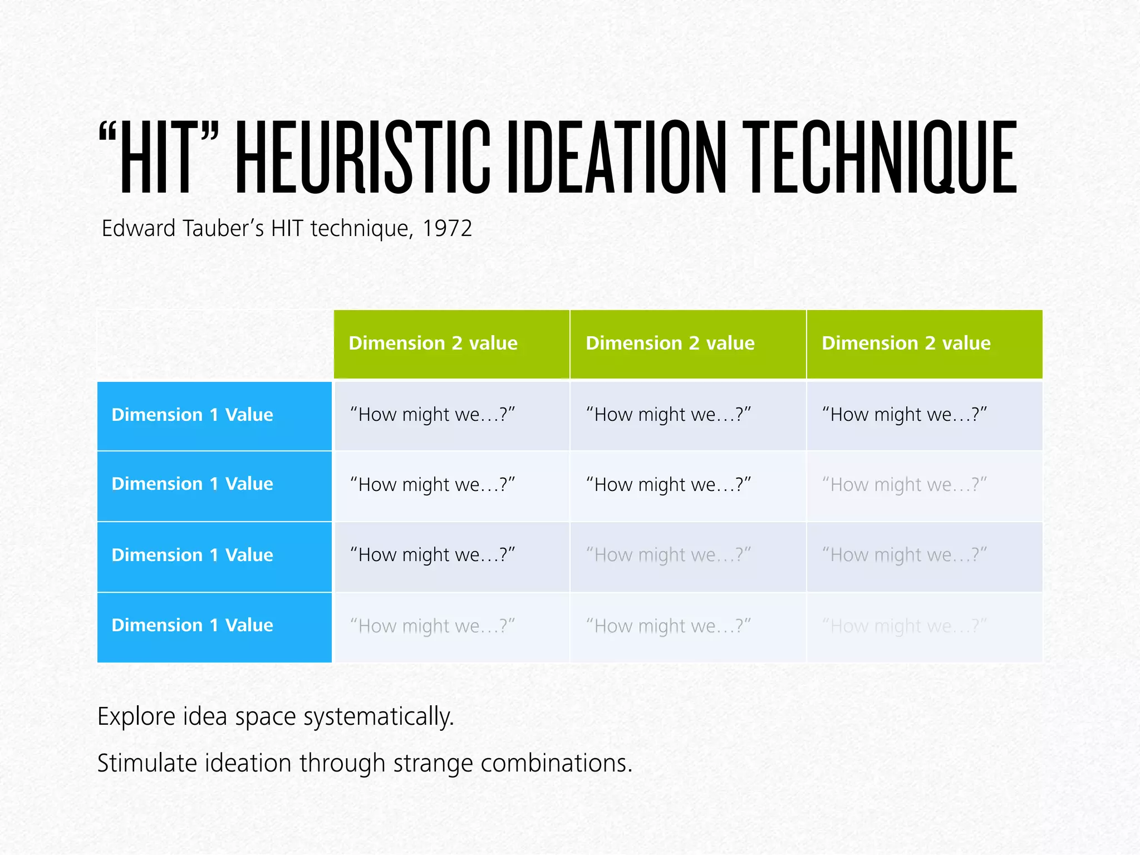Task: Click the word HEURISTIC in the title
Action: click(x=362, y=158)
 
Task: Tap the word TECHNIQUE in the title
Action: click(x=879, y=158)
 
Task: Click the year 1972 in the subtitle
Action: click(x=447, y=229)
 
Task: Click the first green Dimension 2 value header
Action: click(x=433, y=343)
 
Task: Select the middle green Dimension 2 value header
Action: click(x=670, y=343)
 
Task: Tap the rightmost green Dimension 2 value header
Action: click(x=906, y=343)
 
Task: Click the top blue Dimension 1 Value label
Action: click(x=192, y=415)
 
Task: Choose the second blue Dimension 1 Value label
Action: click(x=192, y=484)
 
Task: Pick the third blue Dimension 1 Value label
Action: click(x=192, y=556)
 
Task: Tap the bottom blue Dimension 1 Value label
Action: click(x=192, y=626)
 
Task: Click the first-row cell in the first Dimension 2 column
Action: click(x=433, y=415)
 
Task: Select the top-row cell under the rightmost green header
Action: click(x=905, y=415)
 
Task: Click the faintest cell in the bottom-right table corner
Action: click(x=905, y=627)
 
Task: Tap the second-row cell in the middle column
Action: click(x=669, y=485)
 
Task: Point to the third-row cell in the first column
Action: click(x=433, y=556)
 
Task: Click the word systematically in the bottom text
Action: click(x=379, y=717)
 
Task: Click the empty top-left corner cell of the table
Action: click(x=215, y=345)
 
